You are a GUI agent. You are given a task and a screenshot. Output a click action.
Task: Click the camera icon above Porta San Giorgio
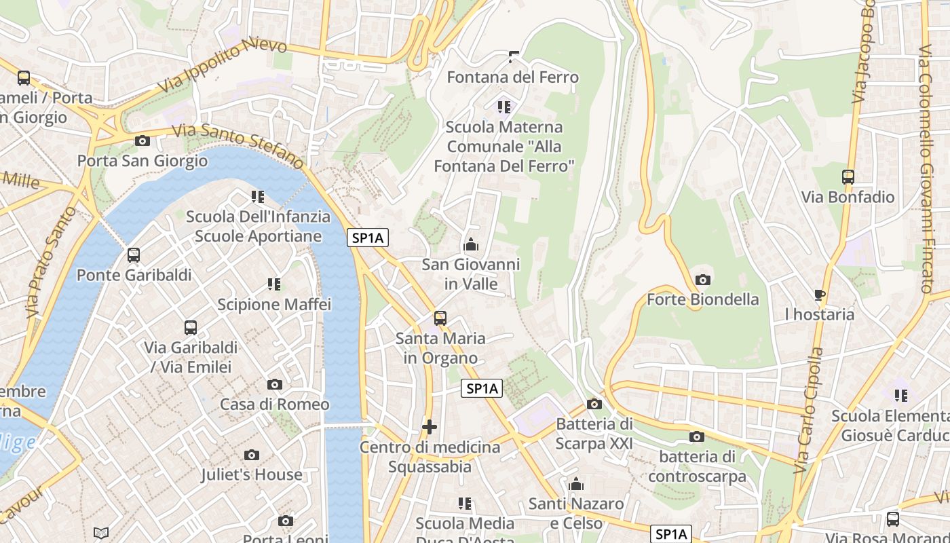point(142,141)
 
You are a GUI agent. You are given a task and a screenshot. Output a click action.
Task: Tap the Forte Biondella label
point(703,299)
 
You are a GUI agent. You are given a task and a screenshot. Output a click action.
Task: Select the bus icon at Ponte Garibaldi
point(134,256)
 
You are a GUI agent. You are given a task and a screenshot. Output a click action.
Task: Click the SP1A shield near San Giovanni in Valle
point(369,238)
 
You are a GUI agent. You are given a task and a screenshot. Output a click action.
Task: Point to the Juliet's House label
point(251,474)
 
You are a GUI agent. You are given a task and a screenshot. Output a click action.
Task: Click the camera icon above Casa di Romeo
point(275,385)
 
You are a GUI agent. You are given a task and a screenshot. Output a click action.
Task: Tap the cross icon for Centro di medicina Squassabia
point(430,427)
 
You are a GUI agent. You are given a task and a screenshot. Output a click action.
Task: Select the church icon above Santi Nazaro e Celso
point(576,484)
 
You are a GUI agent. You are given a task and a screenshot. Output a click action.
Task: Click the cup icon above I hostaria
point(820,295)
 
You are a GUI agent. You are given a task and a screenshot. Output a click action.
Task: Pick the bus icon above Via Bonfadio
point(848,177)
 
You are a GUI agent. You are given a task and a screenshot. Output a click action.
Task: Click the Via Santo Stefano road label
point(237,145)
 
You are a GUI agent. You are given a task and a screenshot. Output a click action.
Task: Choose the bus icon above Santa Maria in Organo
point(440,318)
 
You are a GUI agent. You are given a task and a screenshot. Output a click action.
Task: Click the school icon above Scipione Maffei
point(274,284)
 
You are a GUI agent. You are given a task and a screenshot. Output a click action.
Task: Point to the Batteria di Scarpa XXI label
point(594,434)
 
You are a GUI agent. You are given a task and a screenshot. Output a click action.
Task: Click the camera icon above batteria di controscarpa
point(697,437)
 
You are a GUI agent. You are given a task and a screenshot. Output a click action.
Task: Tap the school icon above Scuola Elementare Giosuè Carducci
point(901,395)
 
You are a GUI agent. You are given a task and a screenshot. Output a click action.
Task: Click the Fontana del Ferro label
point(513,77)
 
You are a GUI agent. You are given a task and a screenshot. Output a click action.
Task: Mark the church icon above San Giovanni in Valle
point(471,245)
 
